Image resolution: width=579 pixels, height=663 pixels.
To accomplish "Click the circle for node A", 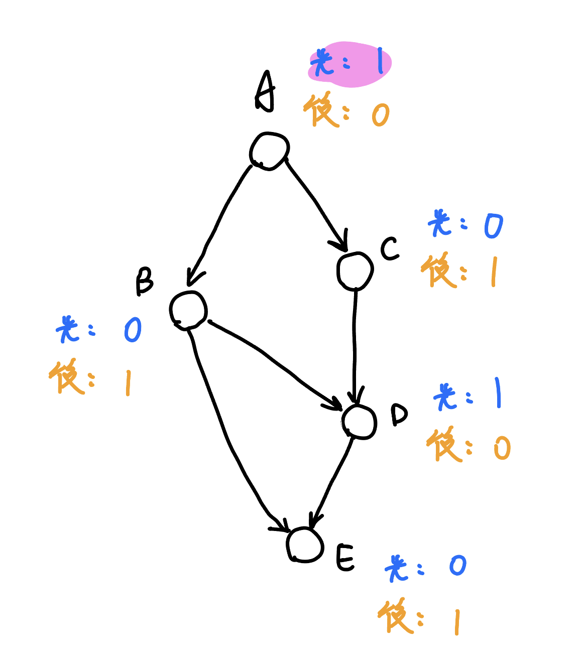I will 270,151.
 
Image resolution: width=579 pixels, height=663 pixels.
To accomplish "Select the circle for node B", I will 188,310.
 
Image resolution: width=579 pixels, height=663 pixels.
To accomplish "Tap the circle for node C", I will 355,271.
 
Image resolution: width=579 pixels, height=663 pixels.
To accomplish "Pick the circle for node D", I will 360,422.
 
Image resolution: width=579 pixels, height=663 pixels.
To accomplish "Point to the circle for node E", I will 305,545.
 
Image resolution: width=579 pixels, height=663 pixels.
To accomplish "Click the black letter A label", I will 266,92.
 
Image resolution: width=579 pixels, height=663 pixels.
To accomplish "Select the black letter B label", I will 144,281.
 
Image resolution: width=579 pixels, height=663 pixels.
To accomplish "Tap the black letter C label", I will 390,248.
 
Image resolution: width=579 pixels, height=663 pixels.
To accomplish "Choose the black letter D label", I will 399,415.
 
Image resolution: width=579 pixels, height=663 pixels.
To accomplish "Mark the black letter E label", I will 345,557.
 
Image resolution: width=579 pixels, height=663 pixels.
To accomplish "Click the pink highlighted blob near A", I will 350,64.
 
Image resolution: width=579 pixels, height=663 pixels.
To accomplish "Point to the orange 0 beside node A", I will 381,115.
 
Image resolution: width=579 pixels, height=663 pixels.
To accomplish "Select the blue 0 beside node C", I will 493,226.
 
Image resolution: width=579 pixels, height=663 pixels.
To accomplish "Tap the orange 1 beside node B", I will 128,383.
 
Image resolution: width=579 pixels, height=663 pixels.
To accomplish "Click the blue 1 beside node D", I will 498,393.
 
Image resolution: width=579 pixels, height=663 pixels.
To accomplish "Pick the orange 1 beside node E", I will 457,622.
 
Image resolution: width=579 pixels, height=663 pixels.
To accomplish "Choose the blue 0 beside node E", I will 458,566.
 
